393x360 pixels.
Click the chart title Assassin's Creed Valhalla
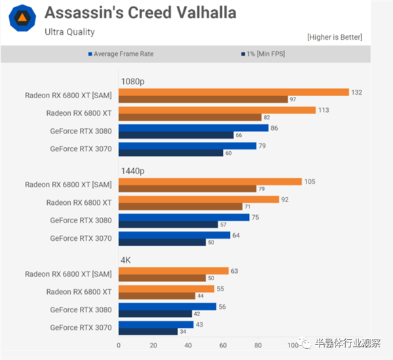coord(140,12)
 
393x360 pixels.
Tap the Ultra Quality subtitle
coord(70,31)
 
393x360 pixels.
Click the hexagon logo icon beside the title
coord(22,18)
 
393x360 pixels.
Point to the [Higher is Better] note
coord(334,37)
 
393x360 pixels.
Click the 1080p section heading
coord(133,81)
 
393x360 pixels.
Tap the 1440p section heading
coord(133,170)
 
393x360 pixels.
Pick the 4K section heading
coord(125,260)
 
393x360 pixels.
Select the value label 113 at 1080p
coord(322,110)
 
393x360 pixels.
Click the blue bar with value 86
coord(193,128)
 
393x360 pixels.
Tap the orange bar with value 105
coord(210,181)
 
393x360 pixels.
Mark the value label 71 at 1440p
coord(248,206)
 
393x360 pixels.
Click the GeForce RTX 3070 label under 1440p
coord(81,238)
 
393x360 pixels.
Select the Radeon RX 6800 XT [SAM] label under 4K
coord(68,274)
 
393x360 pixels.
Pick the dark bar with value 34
coord(147,331)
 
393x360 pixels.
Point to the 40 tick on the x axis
coord(188,345)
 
